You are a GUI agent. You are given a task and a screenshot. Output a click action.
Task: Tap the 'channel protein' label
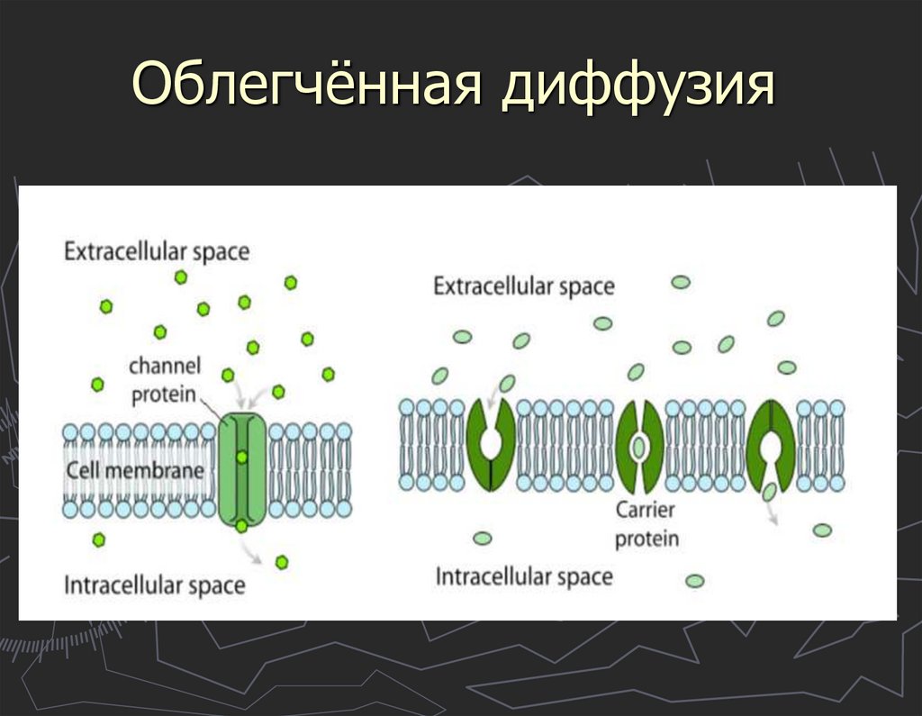point(164,380)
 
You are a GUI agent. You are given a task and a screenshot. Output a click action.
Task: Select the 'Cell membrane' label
point(134,470)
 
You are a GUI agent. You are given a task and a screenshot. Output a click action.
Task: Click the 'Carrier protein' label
point(646,524)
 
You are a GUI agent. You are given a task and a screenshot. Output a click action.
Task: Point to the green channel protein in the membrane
point(241,469)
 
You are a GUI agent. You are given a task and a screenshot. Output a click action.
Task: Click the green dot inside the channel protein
point(241,458)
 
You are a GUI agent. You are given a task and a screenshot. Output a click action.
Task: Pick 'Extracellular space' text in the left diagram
point(156,251)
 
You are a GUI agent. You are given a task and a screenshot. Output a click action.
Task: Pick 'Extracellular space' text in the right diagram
point(523,286)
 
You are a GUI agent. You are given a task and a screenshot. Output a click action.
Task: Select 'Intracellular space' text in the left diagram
point(154,585)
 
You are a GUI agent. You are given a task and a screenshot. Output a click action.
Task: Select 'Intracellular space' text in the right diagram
point(524,576)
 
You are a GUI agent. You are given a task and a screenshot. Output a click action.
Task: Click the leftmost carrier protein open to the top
point(491,445)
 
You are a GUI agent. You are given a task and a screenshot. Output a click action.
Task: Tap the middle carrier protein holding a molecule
point(639,446)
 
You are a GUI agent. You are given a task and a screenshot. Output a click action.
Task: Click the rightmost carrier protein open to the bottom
point(771,445)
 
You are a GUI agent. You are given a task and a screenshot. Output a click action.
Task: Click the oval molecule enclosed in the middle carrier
point(639,446)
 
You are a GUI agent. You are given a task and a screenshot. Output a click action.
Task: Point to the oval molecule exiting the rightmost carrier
point(770,491)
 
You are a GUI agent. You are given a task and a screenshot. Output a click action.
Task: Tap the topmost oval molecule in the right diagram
point(681,282)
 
